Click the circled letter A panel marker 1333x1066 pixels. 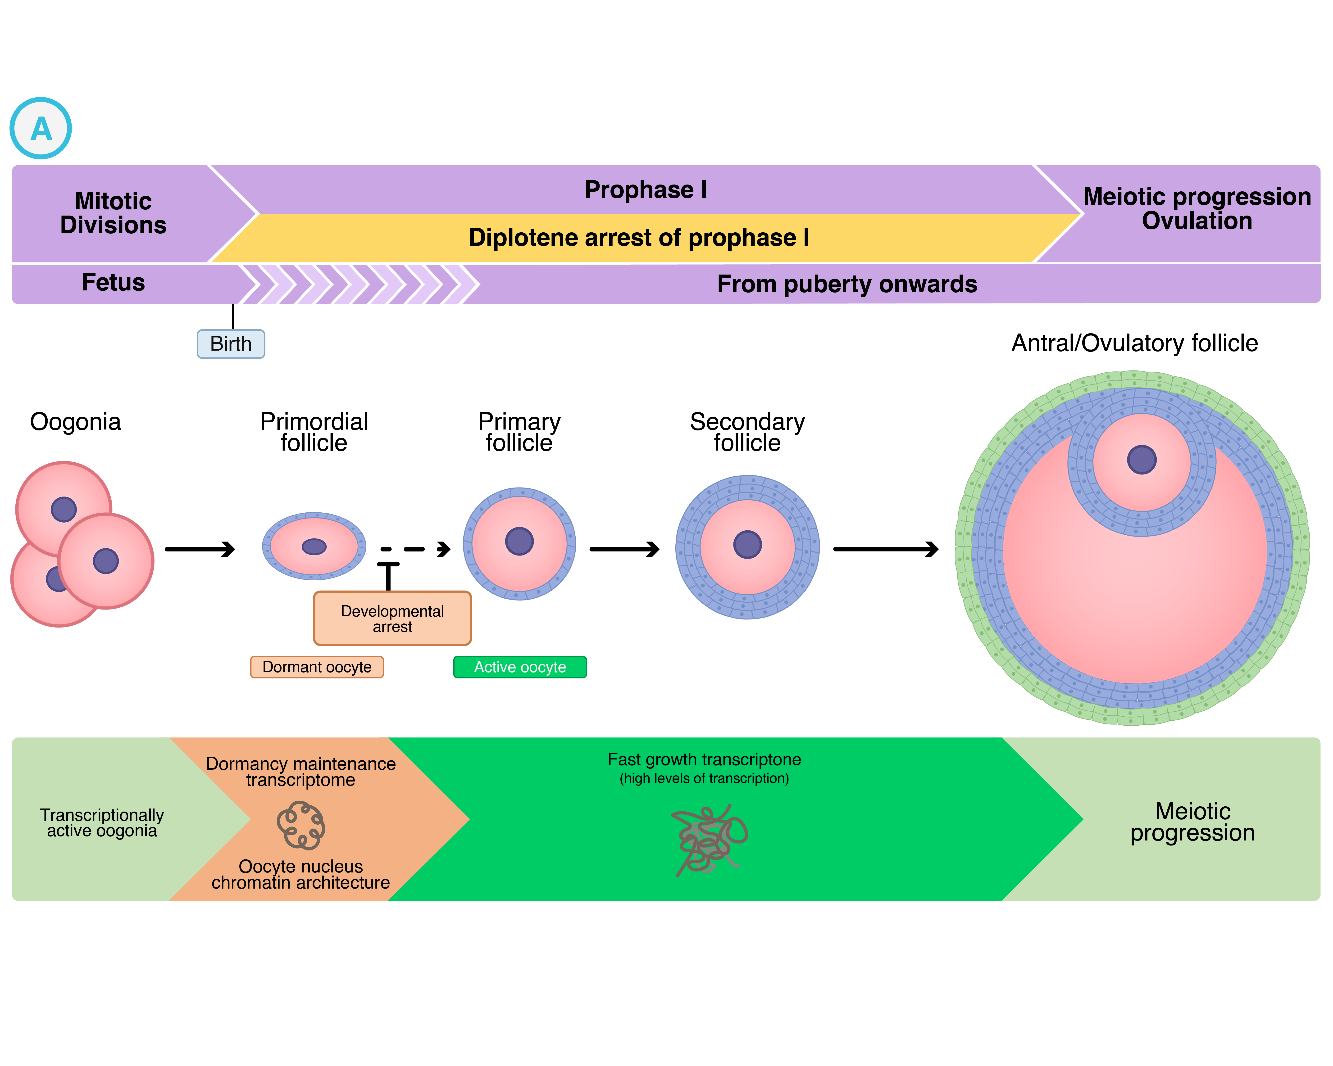point(41,129)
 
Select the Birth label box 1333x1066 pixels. point(231,343)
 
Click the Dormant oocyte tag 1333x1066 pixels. point(317,667)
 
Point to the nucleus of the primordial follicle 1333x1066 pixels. point(314,546)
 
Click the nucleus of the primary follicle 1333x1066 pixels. point(519,541)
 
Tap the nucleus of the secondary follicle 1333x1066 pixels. point(747,544)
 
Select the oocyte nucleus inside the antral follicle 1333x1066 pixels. point(1141,460)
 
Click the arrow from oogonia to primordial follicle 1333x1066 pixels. point(200,549)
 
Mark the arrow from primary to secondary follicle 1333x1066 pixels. point(624,549)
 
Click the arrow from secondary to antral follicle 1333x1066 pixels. point(885,549)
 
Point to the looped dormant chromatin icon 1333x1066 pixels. point(301,825)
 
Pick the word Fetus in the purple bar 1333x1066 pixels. point(113,282)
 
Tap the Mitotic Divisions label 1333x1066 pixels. point(113,212)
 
